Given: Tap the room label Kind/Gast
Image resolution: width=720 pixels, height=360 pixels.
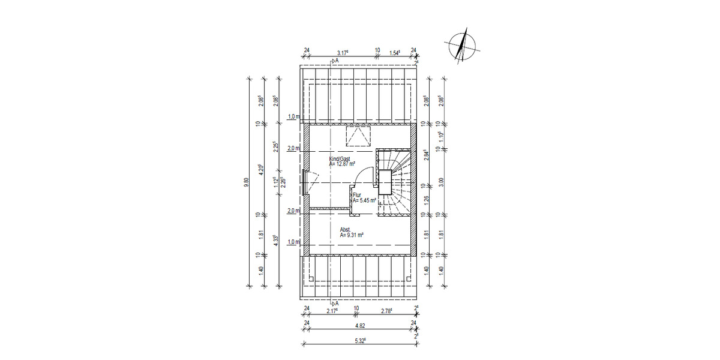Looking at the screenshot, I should [340, 158].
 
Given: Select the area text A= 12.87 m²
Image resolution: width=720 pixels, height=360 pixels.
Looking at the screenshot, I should [343, 164].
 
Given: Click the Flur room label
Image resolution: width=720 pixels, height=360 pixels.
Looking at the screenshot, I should [356, 196].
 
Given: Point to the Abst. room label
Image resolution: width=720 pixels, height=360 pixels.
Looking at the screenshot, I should [346, 230].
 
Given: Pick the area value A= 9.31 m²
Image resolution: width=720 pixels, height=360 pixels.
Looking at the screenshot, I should [352, 236].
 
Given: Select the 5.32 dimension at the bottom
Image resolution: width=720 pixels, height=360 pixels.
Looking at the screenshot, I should [361, 341].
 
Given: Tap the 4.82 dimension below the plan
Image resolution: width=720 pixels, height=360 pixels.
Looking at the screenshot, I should [360, 325].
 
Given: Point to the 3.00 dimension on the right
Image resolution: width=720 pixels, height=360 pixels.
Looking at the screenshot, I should [442, 183].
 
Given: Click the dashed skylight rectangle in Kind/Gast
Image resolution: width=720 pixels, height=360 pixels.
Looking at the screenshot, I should [359, 137].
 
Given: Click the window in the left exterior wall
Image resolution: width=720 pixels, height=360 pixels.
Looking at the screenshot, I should [306, 182].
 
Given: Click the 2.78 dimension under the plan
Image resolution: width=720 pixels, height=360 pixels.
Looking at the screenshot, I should [386, 311].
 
